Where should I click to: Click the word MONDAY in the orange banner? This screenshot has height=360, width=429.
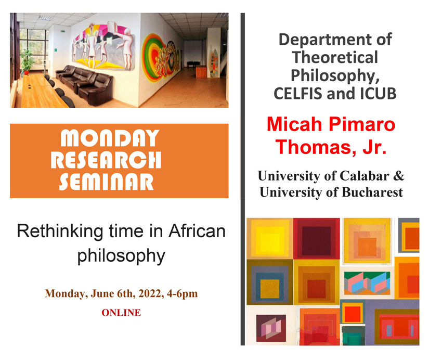click(x=110, y=138)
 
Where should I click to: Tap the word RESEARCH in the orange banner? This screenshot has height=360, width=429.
click(x=106, y=160)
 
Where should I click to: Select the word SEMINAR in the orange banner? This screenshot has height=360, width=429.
click(x=107, y=182)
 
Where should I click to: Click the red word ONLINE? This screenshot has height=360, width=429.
click(x=121, y=313)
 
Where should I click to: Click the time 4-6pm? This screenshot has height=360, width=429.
click(x=182, y=294)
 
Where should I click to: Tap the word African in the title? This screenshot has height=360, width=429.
click(x=197, y=231)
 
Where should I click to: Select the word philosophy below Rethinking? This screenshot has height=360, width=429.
click(x=121, y=256)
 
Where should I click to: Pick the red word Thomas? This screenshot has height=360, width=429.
click(x=314, y=147)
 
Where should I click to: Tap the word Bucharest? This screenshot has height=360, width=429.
click(x=372, y=192)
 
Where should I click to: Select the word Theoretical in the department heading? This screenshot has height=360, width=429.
click(x=335, y=57)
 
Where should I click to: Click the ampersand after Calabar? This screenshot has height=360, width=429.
click(x=399, y=176)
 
